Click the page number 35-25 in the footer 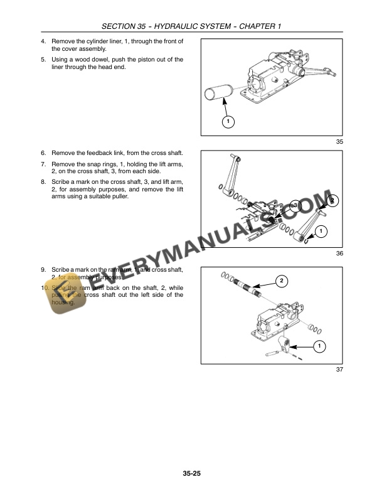point(192,473)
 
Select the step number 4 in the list point(43,41)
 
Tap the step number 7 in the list point(43,163)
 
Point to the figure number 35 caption point(339,142)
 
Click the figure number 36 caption point(339,254)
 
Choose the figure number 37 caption point(339,369)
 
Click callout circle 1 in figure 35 point(228,120)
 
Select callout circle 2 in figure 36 point(333,201)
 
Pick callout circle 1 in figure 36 point(321,232)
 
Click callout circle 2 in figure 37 point(282,280)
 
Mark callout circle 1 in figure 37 point(319,346)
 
